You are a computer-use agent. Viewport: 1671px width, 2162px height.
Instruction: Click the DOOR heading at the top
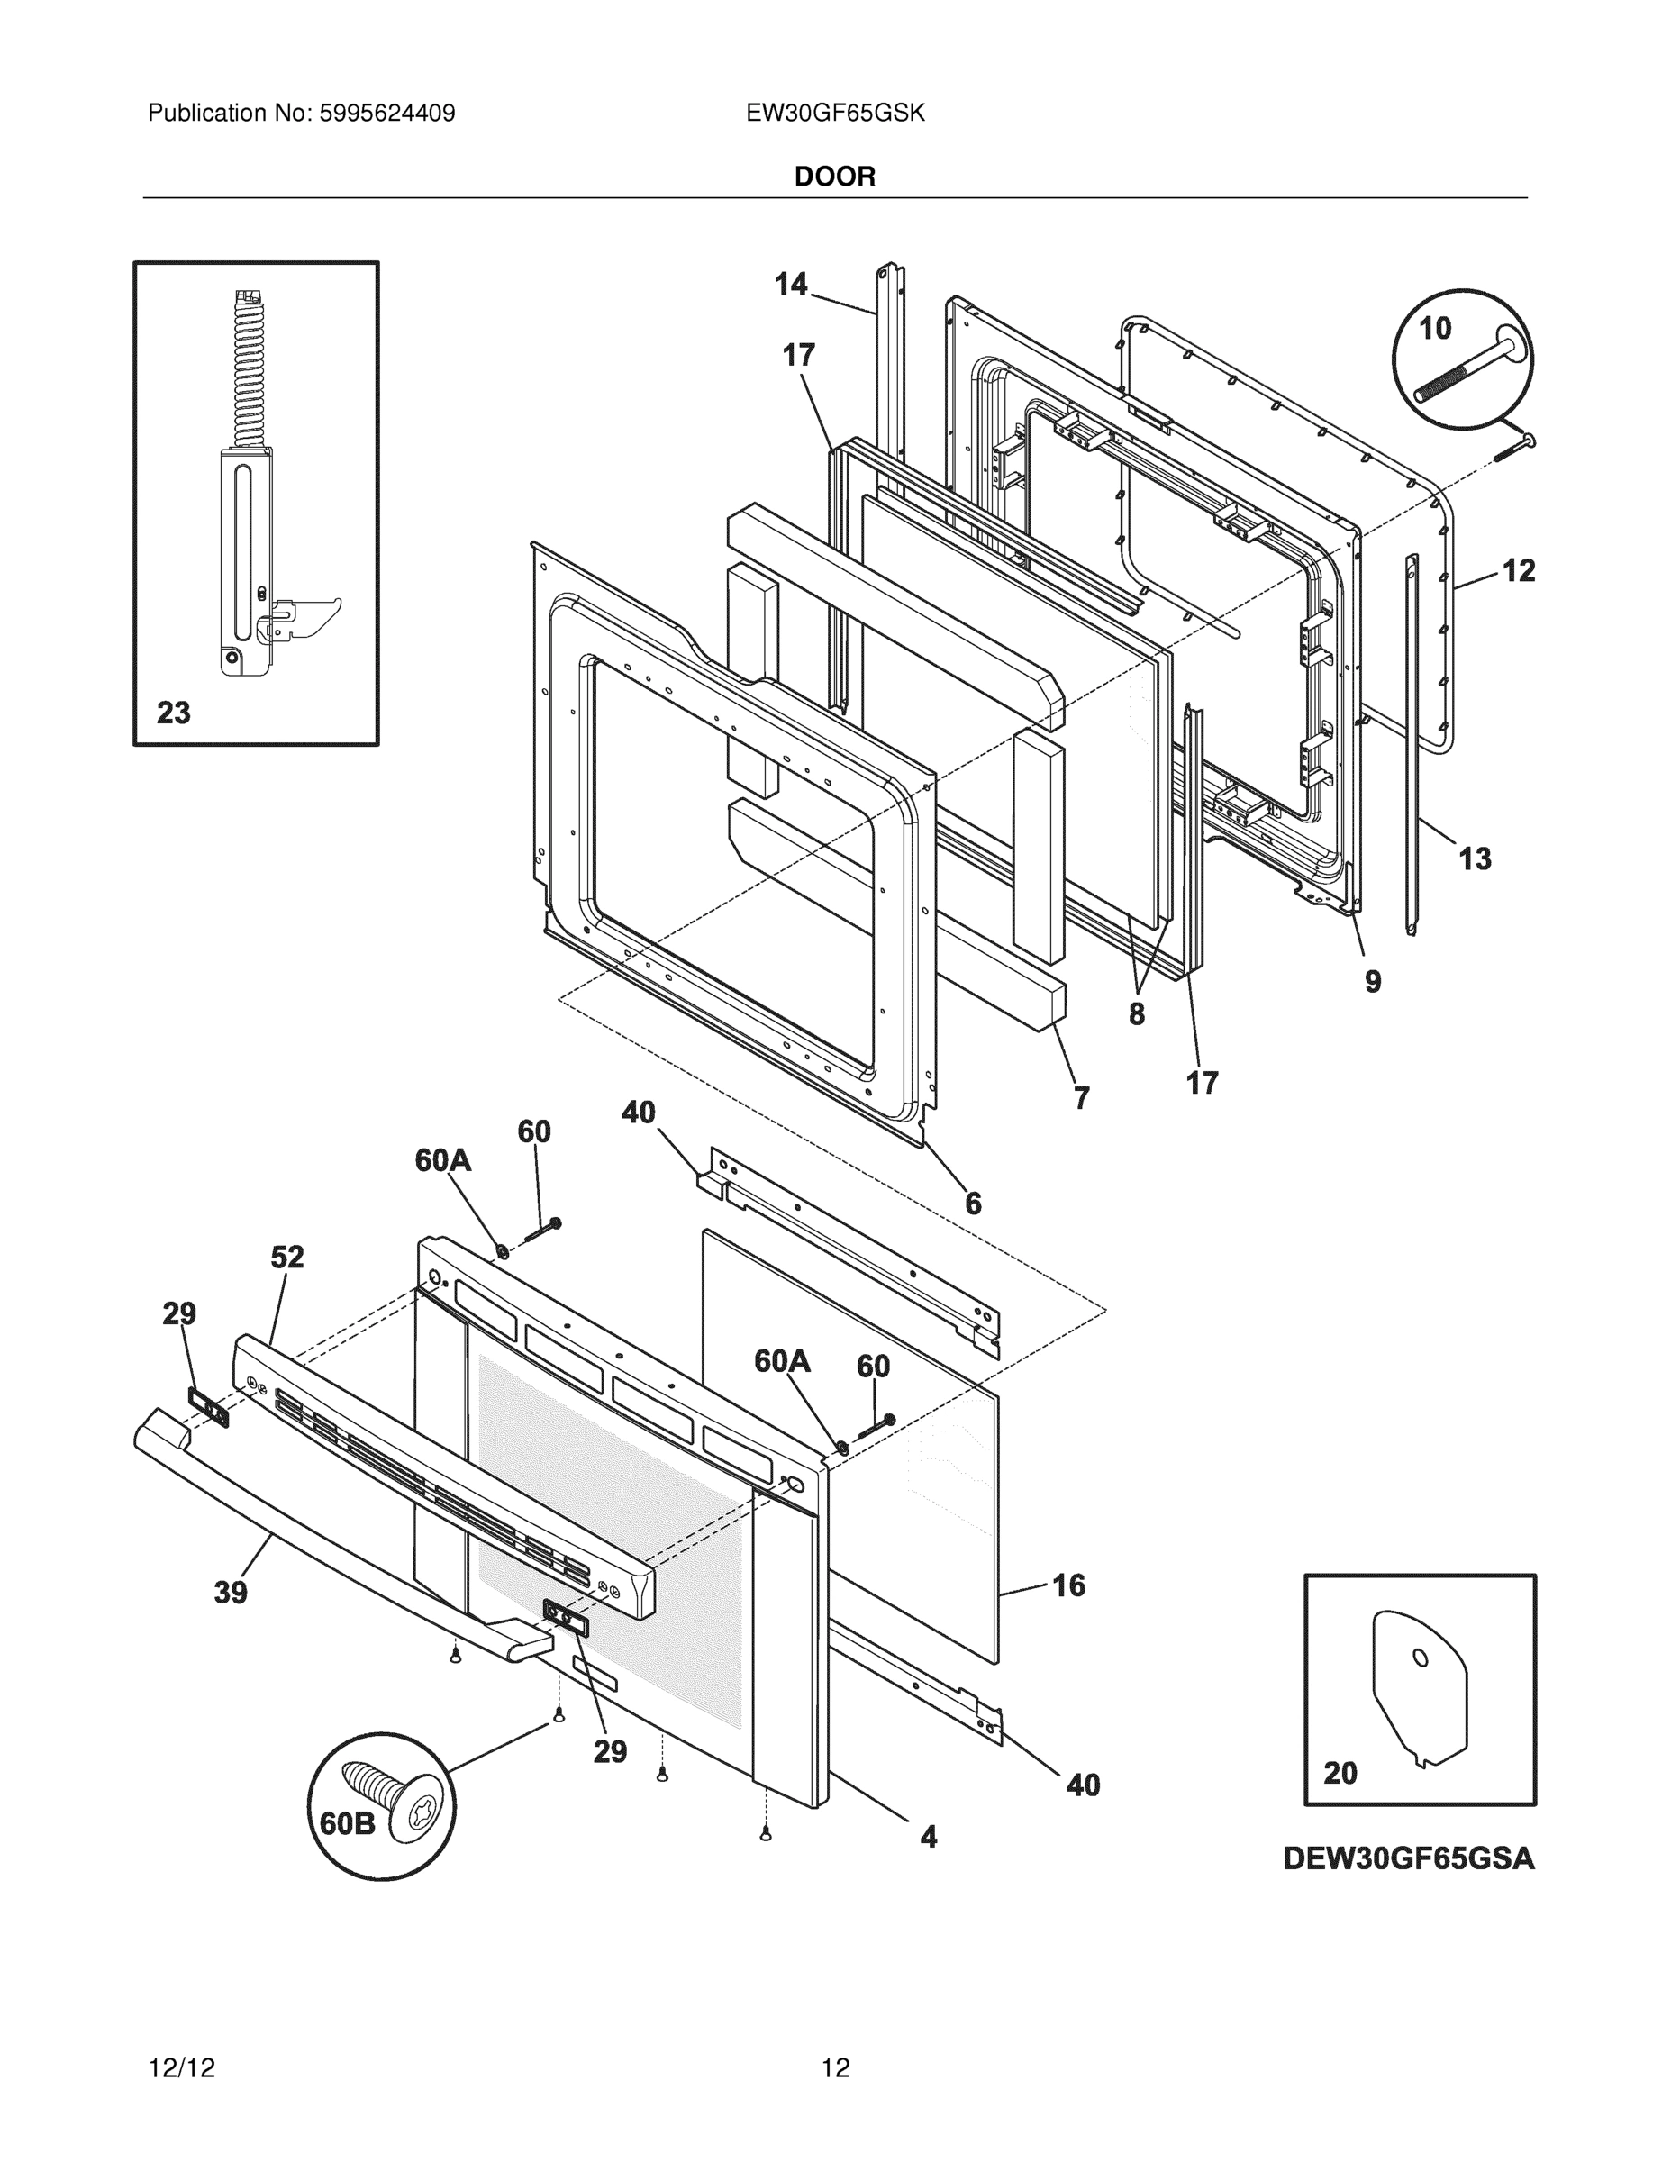point(834,177)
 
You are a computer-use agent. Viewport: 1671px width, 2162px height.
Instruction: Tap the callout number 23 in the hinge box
point(173,713)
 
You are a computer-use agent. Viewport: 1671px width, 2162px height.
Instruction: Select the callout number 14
point(791,285)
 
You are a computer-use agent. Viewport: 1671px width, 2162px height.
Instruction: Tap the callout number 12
point(1519,571)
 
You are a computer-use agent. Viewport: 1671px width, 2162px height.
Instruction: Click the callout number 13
point(1475,858)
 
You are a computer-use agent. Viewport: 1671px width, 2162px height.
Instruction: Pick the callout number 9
point(1372,981)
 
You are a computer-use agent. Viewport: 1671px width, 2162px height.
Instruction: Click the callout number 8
point(1137,1013)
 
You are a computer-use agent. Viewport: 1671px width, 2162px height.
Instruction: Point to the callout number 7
point(1081,1098)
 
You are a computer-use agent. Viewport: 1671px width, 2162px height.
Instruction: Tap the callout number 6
point(973,1204)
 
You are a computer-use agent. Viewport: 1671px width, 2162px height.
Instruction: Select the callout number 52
point(287,1258)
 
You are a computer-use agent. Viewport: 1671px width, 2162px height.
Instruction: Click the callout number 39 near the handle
point(231,1593)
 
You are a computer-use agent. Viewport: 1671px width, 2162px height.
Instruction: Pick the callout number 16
point(1068,1585)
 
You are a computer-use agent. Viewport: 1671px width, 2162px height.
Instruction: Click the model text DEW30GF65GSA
point(1409,1859)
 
